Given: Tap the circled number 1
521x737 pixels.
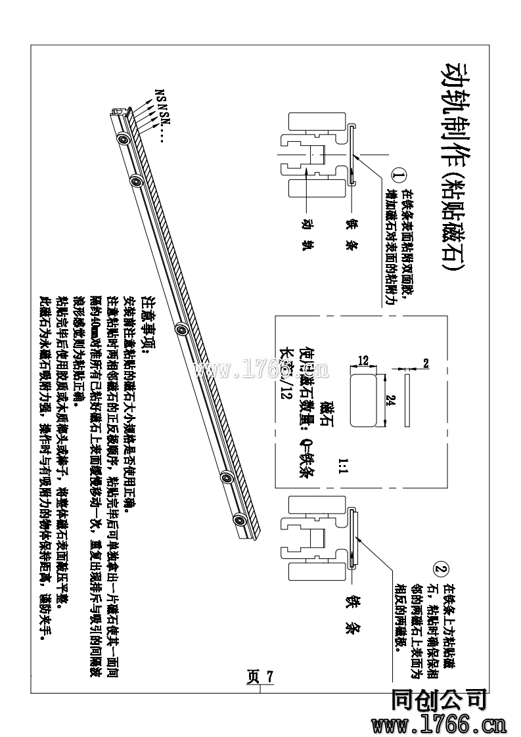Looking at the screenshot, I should [x=399, y=175].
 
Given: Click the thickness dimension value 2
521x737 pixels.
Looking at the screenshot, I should [x=426, y=363].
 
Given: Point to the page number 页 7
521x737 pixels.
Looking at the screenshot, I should [x=260, y=677].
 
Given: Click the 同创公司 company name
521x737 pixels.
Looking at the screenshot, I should [x=438, y=700].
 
